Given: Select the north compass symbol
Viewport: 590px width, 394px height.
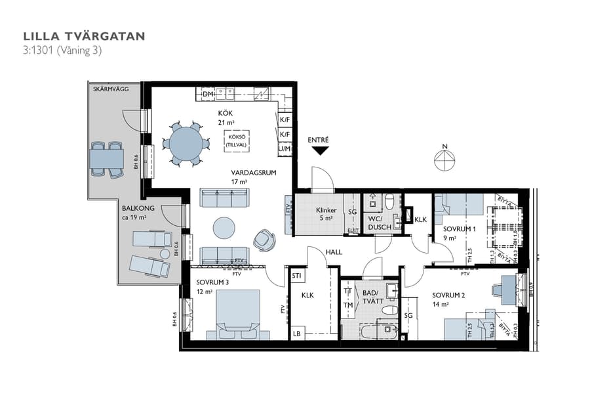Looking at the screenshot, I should [445, 158].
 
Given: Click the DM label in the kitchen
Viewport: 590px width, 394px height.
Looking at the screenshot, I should [208, 95].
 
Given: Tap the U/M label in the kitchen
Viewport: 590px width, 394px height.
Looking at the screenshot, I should [285, 149].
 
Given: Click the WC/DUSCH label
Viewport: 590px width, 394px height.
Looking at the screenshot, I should [380, 223].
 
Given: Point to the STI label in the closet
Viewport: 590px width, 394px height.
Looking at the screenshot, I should [297, 276].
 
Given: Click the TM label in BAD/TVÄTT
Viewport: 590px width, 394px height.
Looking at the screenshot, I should [347, 305].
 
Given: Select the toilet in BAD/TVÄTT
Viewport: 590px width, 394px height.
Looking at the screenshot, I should [389, 309].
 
